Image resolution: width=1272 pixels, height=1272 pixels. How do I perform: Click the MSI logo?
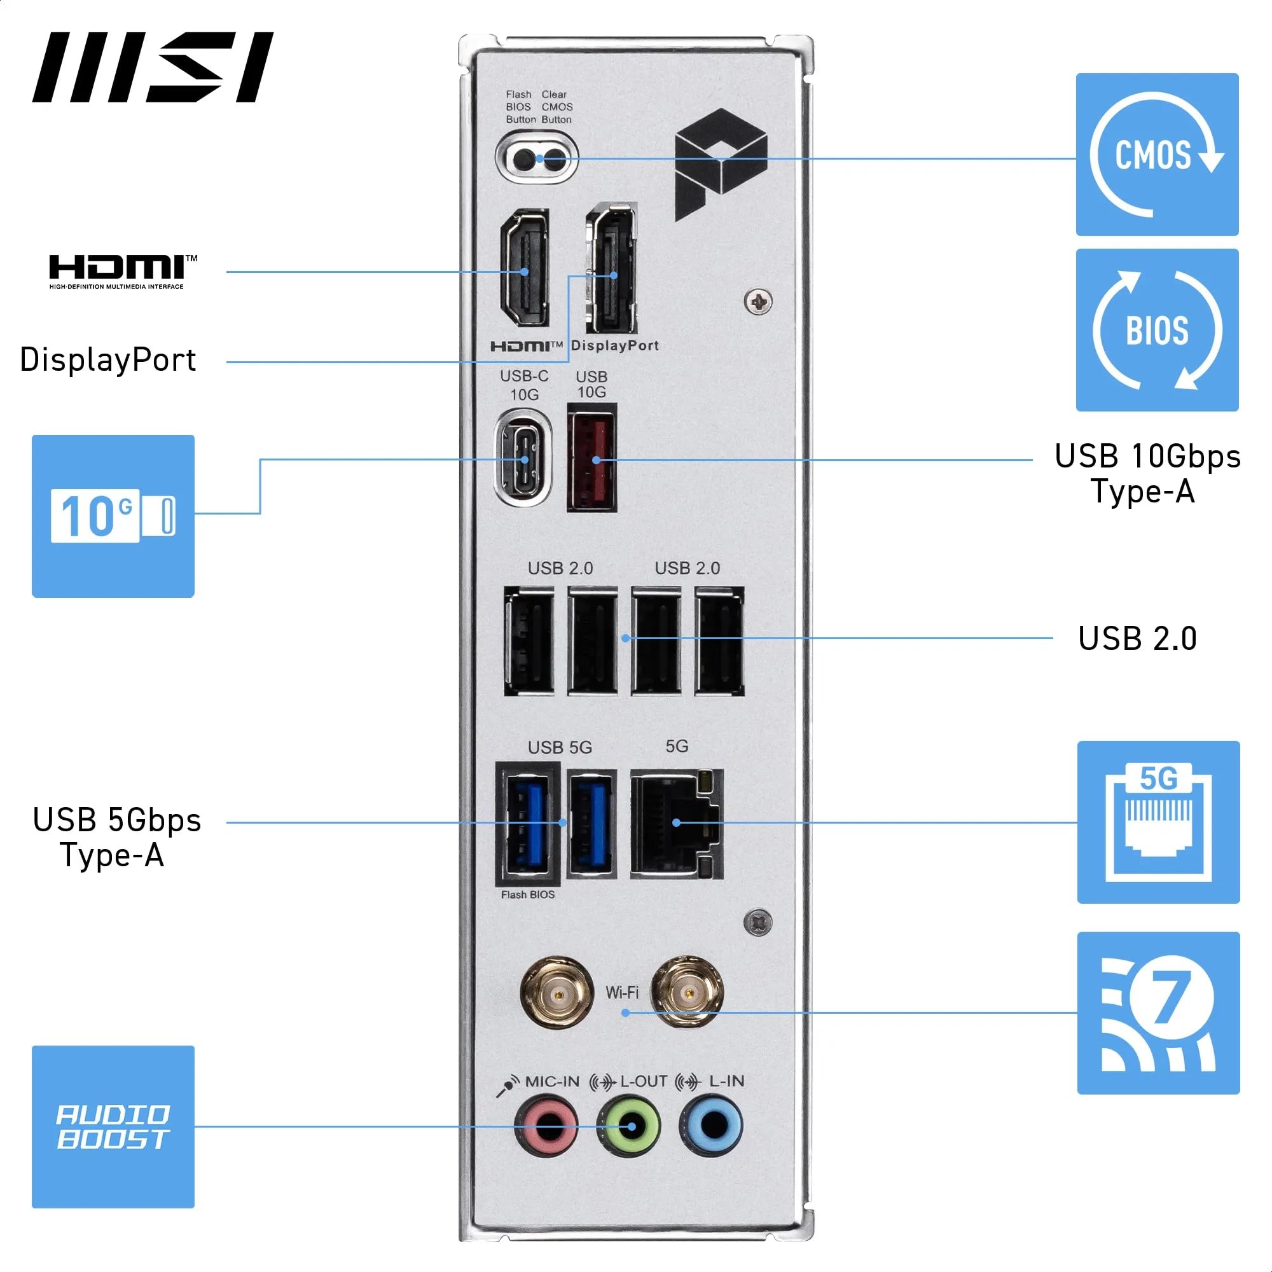[153, 67]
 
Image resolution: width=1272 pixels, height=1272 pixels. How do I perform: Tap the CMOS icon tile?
[1157, 155]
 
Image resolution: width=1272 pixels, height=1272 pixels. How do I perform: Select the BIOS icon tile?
[1157, 330]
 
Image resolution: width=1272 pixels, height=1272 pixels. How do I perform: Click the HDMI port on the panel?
[525, 268]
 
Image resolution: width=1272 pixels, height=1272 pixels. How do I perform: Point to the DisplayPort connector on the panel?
[612, 268]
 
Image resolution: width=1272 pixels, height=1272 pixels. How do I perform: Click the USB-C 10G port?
[524, 458]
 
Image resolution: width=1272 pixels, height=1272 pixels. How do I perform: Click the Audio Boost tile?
[113, 1126]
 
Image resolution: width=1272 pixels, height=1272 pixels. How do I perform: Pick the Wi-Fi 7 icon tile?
[1158, 1013]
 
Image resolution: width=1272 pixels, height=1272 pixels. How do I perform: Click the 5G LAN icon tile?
[1158, 822]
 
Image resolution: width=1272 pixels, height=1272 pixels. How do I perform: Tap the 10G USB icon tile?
[113, 516]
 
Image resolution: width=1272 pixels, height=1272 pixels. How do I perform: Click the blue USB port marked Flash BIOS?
[527, 824]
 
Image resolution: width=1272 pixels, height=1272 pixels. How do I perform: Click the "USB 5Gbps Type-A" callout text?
[116, 838]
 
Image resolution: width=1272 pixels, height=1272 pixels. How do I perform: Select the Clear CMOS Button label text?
[557, 107]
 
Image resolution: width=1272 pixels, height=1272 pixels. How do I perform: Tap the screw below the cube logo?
[758, 302]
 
